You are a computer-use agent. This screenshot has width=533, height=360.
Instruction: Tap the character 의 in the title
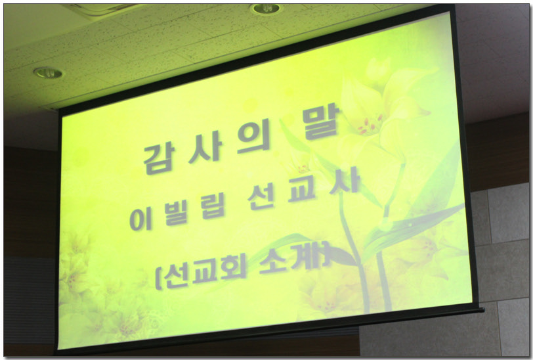click(x=255, y=136)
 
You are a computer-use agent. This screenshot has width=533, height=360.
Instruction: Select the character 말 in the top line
click(x=322, y=122)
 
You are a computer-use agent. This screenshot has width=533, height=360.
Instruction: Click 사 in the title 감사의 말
click(x=205, y=147)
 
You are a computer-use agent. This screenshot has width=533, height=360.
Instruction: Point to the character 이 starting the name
click(x=140, y=219)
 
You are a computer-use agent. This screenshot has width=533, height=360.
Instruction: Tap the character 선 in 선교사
click(x=261, y=198)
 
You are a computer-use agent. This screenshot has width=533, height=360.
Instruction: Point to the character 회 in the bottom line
click(x=234, y=269)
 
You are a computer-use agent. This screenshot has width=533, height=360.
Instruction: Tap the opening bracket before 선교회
click(x=158, y=279)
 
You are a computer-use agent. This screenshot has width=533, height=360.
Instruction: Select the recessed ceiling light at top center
click(x=266, y=8)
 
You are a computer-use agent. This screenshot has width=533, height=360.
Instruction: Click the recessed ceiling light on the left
click(x=48, y=72)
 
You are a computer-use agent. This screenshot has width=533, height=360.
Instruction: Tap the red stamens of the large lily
click(x=370, y=125)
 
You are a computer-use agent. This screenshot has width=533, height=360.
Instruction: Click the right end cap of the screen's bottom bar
click(x=480, y=309)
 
